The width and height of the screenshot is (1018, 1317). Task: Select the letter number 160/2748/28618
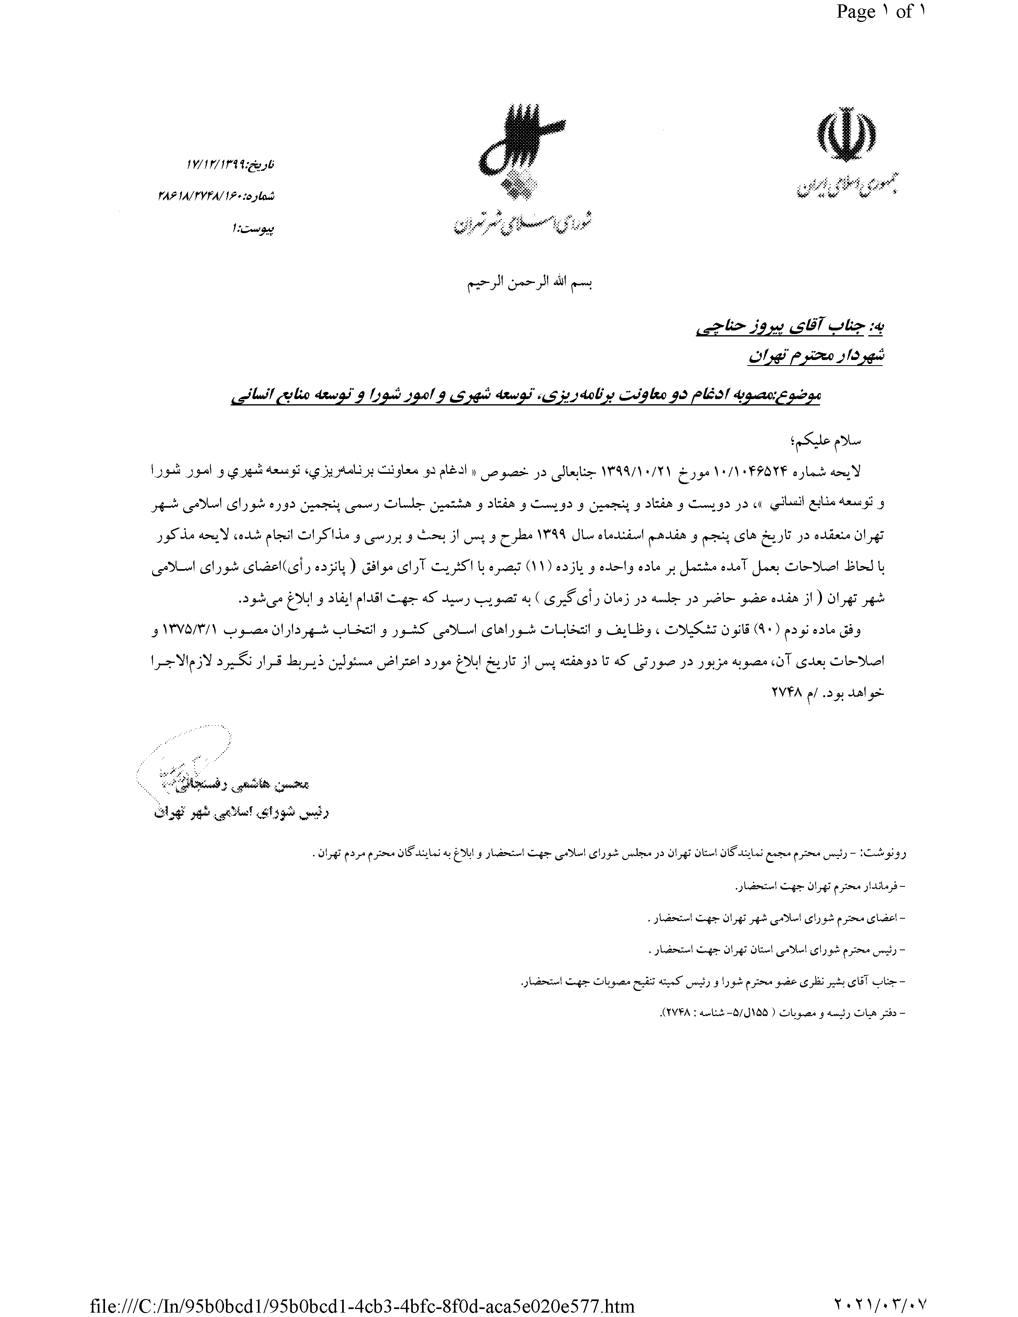click(208, 196)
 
